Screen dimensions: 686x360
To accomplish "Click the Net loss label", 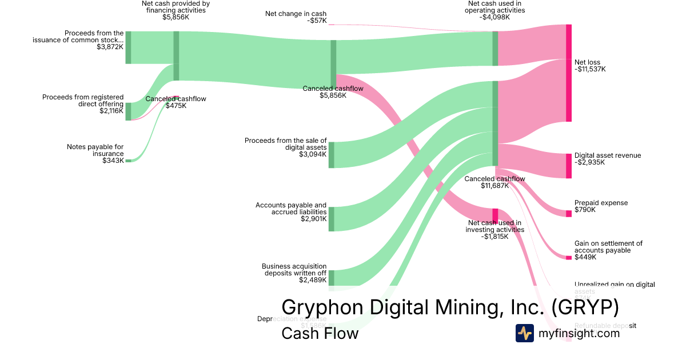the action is pos(587,62).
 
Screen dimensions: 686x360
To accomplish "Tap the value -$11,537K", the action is pos(590,69).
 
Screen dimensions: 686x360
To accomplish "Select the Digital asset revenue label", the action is pos(608,155).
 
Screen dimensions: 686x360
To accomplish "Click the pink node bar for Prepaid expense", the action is pos(569,214).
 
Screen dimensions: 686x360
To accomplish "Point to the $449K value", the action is pos(585,257).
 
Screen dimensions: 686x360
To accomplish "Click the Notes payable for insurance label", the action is pos(95,150).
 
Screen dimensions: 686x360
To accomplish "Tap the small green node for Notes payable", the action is pos(128,161).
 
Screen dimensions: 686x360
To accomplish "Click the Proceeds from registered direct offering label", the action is pos(83,101).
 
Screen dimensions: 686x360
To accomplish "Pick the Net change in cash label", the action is pos(296,14).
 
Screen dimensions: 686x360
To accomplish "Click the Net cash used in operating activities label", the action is pos(494,7).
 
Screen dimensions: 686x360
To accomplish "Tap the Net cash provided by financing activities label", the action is pos(176,7).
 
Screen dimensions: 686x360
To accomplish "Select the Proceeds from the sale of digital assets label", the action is pos(286,143).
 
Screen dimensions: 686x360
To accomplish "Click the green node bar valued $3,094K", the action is pos(332,155).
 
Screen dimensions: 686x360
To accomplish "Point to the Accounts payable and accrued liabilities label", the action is pos(291,209).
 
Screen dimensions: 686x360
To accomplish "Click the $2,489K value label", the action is pos(313,280).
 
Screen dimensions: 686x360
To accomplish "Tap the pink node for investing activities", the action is pos(495,215).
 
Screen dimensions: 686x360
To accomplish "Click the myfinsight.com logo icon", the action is pos(524,333).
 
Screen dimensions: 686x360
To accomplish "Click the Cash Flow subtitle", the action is pos(320,333).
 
